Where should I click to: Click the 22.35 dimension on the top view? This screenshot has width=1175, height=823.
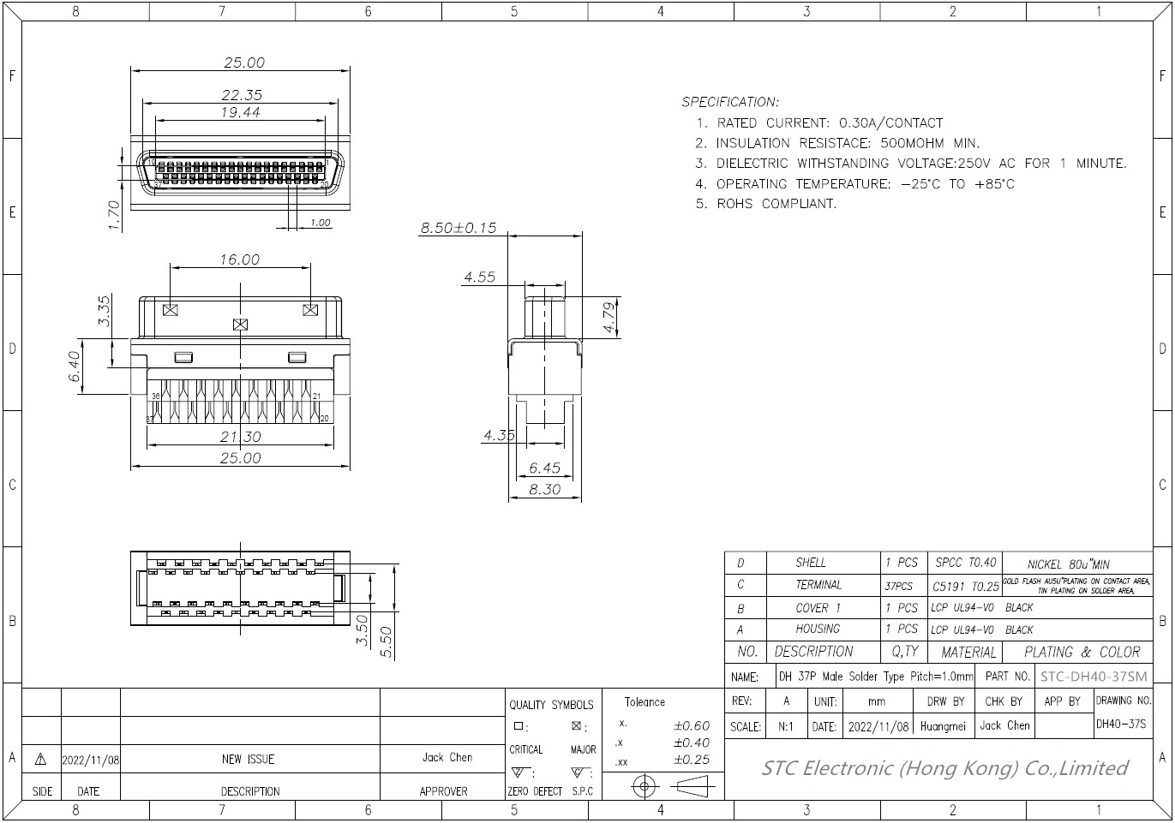(x=242, y=95)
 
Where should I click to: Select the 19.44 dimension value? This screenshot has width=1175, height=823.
(x=240, y=112)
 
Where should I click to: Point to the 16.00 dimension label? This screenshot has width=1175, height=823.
(x=239, y=259)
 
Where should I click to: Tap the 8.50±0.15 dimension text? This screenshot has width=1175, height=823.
(x=458, y=229)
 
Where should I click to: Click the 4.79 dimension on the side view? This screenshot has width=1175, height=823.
(x=609, y=318)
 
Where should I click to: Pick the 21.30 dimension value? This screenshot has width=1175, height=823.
(x=240, y=437)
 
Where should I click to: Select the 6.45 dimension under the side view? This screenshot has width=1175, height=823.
(x=544, y=468)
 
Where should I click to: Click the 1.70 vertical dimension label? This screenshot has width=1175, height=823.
(x=113, y=215)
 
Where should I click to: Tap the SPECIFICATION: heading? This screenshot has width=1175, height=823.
(x=730, y=102)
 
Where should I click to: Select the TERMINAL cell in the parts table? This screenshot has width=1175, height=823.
(x=818, y=585)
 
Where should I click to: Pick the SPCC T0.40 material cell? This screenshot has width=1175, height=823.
(x=966, y=563)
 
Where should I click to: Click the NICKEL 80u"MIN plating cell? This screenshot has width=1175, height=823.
(x=1068, y=564)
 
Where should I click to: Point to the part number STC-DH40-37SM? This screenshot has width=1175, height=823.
(x=1093, y=677)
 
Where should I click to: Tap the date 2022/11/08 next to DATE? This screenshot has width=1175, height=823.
(x=878, y=726)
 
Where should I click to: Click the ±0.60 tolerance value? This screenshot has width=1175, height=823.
(x=691, y=725)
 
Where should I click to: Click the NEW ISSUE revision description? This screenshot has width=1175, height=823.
(x=249, y=759)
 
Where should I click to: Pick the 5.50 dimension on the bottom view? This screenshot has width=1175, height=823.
(x=386, y=642)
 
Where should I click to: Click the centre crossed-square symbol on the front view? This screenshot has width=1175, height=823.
(x=241, y=325)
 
